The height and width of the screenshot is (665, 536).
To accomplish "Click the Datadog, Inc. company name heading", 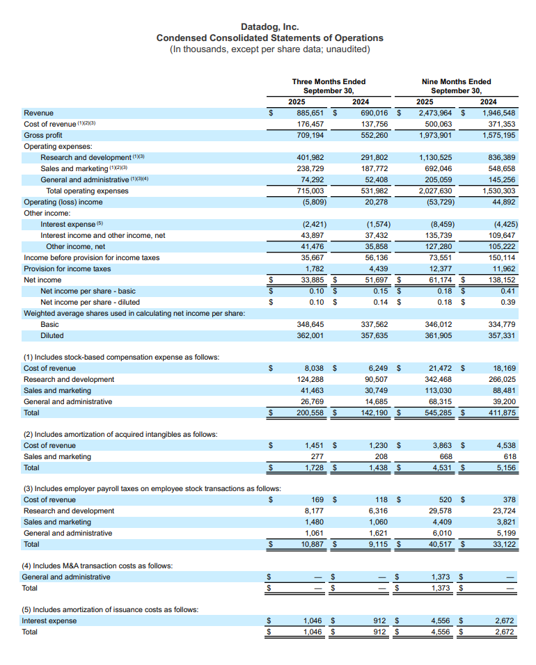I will pyautogui.click(x=269, y=26).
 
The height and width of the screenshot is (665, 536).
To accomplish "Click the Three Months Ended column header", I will pyautogui.click(x=329, y=81).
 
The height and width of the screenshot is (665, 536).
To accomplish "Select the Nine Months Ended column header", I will pyautogui.click(x=456, y=81).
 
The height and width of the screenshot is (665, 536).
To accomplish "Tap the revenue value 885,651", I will pyautogui.click(x=312, y=113).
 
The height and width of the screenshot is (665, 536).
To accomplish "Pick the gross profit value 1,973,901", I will pyautogui.click(x=436, y=135).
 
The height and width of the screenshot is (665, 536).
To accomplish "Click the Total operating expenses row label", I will pyautogui.click(x=87, y=191).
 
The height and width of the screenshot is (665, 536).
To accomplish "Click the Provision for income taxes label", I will pyautogui.click(x=68, y=269).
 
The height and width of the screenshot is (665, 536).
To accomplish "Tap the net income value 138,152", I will pyautogui.click(x=499, y=280).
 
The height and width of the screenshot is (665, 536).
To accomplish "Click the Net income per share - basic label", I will pyautogui.click(x=88, y=291).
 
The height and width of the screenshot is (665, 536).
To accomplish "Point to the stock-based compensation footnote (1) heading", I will pyautogui.click(x=121, y=357).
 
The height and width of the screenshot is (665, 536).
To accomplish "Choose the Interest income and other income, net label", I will pyautogui.click(x=103, y=235).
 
